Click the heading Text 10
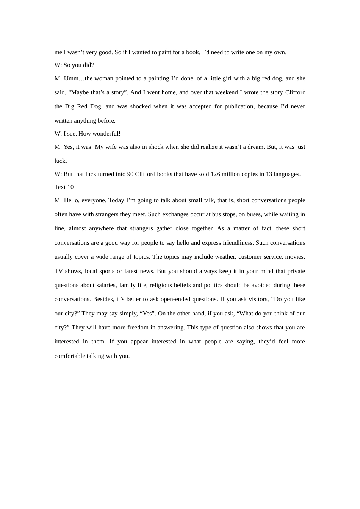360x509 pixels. pos(64,187)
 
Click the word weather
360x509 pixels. pos(225,257)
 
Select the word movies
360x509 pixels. pos(295,257)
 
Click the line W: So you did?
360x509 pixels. pos(74,65)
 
